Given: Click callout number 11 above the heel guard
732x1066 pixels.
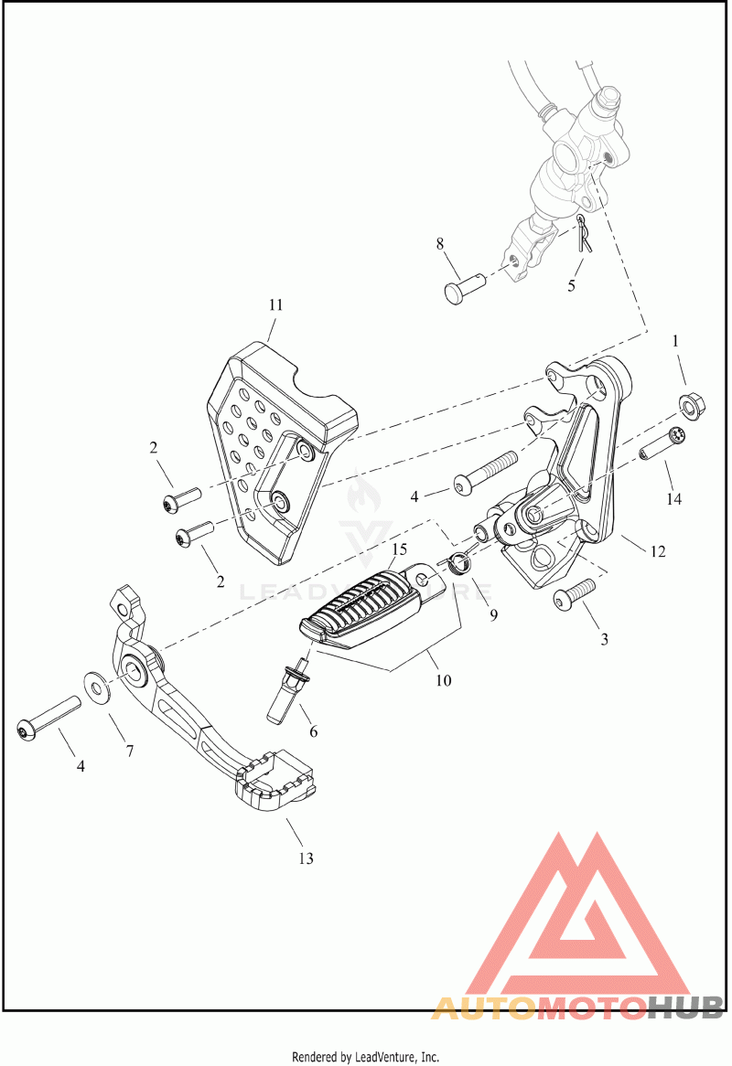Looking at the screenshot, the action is pyautogui.click(x=275, y=305).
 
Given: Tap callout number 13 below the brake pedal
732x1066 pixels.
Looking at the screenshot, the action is pyautogui.click(x=307, y=858).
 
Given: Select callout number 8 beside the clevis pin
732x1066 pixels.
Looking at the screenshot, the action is pyautogui.click(x=439, y=243).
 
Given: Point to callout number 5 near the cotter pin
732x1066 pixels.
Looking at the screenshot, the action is pyautogui.click(x=572, y=285).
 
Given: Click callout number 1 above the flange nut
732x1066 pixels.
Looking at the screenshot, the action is pyautogui.click(x=675, y=341).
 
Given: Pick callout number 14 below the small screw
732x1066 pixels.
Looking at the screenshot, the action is pyautogui.click(x=674, y=499).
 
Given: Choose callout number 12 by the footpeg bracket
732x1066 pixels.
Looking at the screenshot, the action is pyautogui.click(x=658, y=551).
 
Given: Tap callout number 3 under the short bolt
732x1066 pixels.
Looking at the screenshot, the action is pyautogui.click(x=604, y=640).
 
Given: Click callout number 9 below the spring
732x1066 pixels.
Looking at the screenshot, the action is pyautogui.click(x=494, y=614).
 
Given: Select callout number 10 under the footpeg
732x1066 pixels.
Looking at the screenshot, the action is pyautogui.click(x=444, y=680).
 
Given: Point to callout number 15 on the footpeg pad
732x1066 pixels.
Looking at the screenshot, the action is pyautogui.click(x=399, y=549).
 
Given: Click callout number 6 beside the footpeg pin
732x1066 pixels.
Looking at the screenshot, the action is pyautogui.click(x=314, y=731).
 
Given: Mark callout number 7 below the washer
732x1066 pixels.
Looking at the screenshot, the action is pyautogui.click(x=129, y=751).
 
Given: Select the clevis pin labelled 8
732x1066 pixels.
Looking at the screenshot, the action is pyautogui.click(x=466, y=288).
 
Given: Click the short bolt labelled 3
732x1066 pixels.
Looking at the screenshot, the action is pyautogui.click(x=575, y=594).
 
